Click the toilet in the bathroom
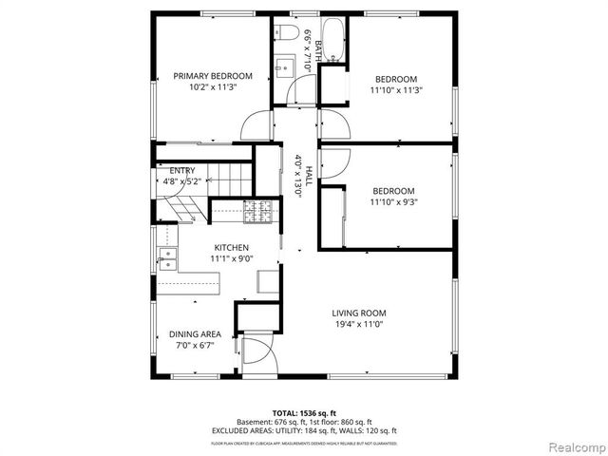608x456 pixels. tap(285, 35)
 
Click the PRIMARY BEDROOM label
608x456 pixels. tap(212, 76)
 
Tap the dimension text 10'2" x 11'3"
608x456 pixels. tap(212, 87)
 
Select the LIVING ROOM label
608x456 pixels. tap(358, 313)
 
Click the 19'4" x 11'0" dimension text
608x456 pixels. tap(358, 324)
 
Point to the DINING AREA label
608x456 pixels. tap(195, 334)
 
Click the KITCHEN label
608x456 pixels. tap(231, 247)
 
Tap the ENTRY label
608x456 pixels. tap(182, 171)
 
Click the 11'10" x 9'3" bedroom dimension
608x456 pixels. tap(393, 201)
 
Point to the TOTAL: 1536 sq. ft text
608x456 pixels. tap(304, 413)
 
